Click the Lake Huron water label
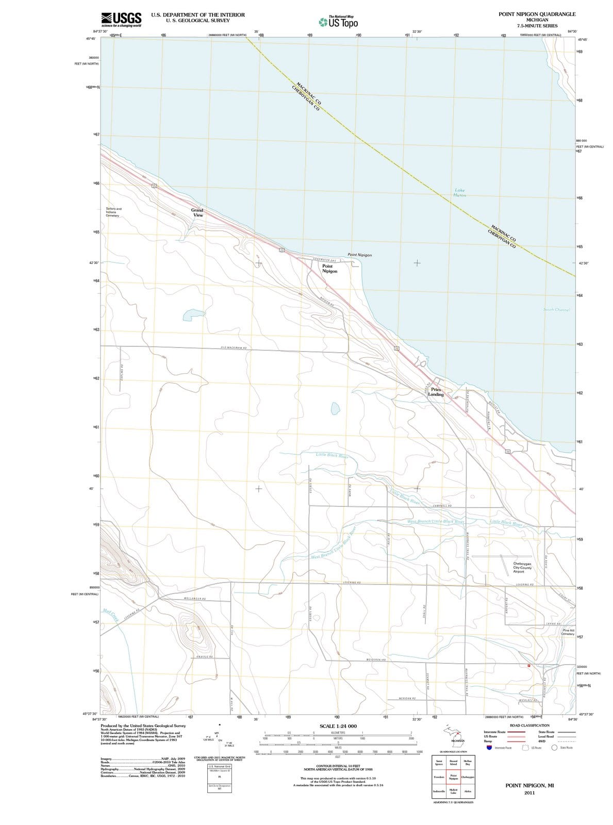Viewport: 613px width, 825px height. pyautogui.click(x=459, y=193)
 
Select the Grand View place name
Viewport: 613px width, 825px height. pyautogui.click(x=197, y=212)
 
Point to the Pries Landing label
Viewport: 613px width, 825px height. pyautogui.click(x=436, y=392)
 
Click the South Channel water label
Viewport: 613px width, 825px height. pyautogui.click(x=556, y=309)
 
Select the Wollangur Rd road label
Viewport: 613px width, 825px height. pyautogui.click(x=195, y=599)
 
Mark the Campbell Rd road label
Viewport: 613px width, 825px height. pyautogui.click(x=443, y=506)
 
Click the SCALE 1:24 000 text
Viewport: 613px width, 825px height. pyautogui.click(x=338, y=726)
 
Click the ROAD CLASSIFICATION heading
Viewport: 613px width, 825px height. pyautogui.click(x=529, y=725)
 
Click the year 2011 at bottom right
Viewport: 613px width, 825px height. pyautogui.click(x=529, y=793)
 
